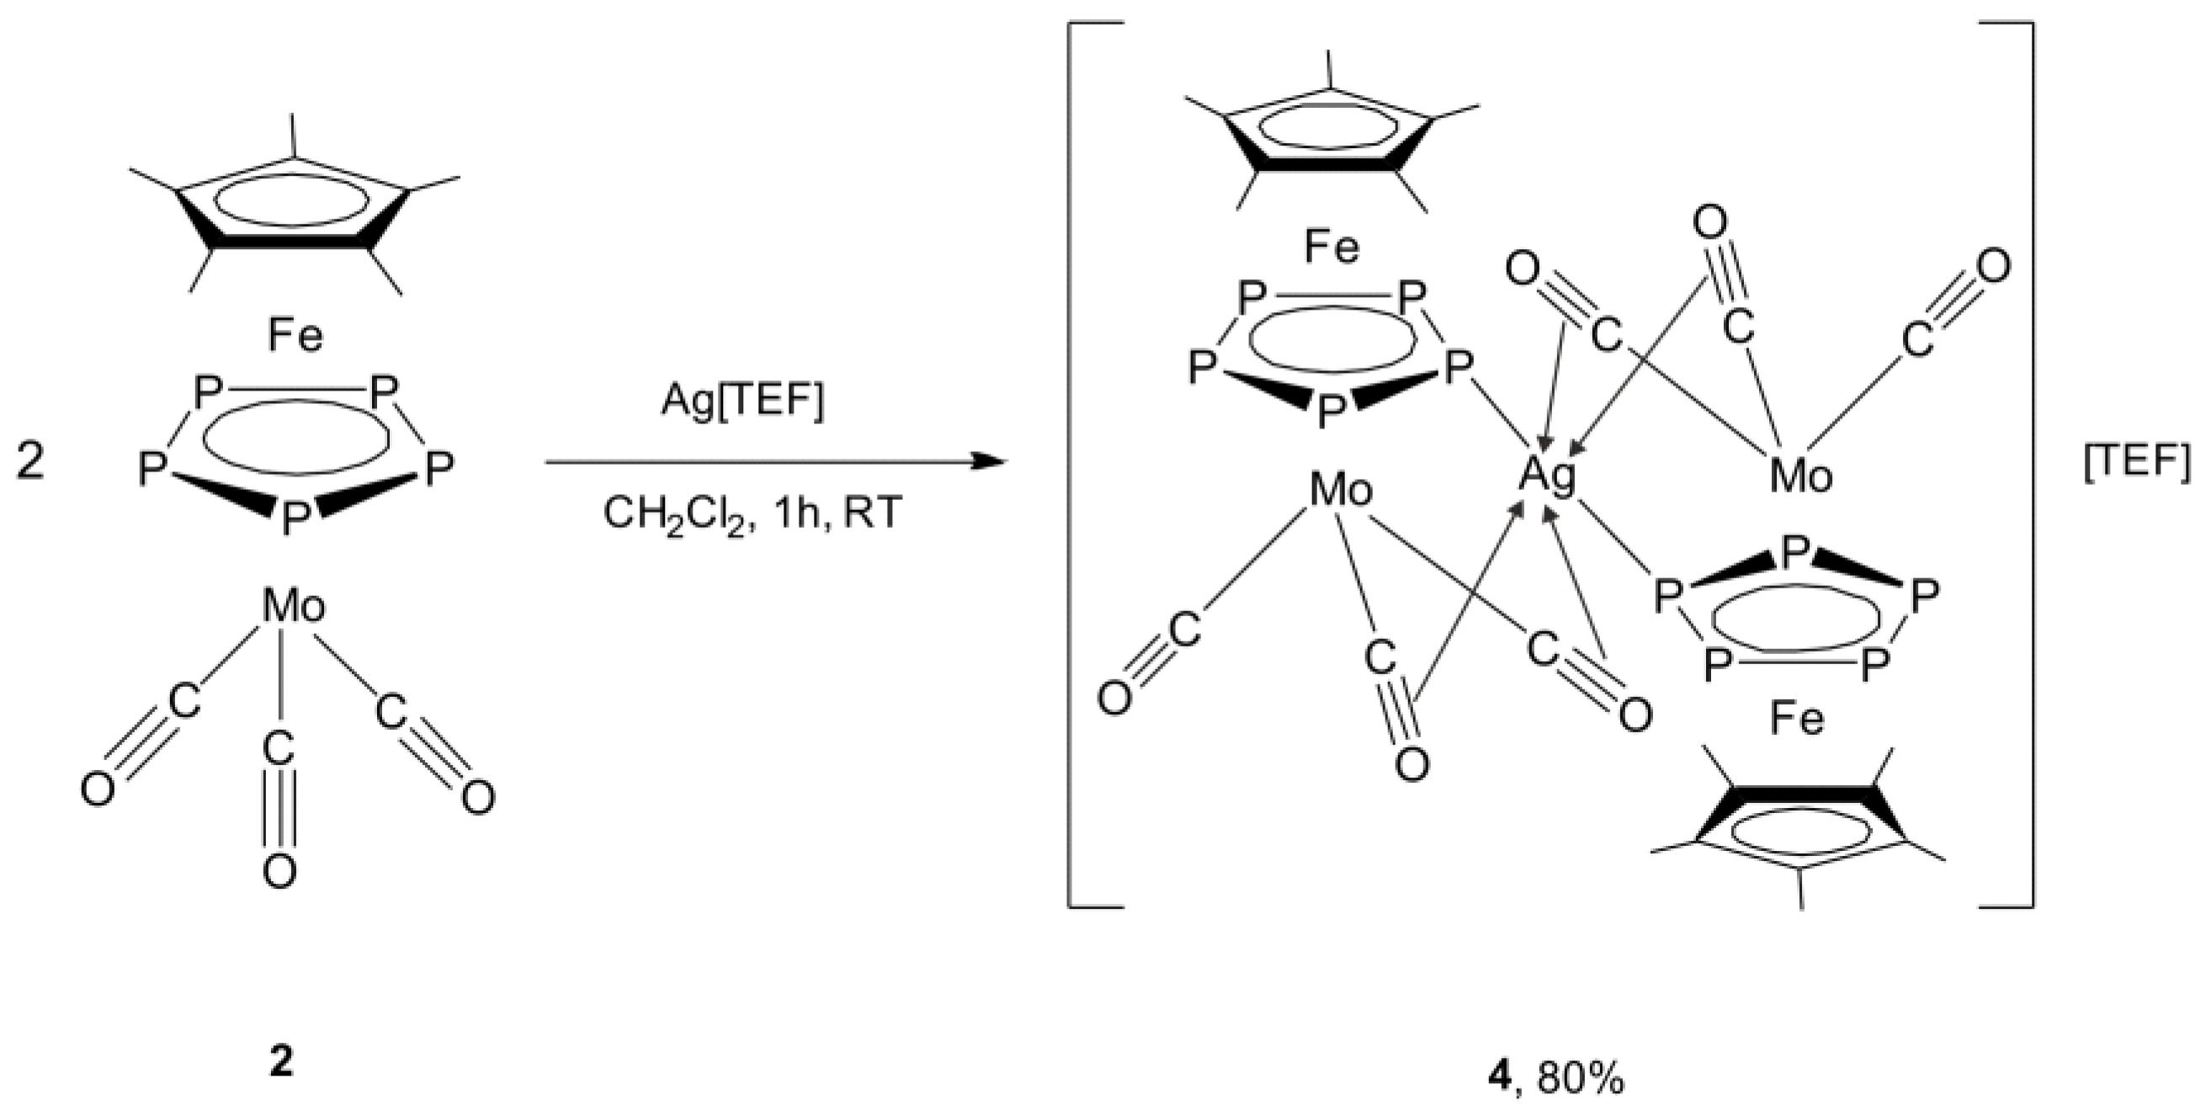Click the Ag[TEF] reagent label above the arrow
742,401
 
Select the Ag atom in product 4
1547,476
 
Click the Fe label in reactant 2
295,336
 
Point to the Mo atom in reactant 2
294,607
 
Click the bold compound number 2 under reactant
281,1063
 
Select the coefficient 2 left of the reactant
30,465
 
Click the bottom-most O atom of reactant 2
279,873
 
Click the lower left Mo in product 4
1341,490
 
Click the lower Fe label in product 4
1797,720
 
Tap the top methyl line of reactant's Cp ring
294,135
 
